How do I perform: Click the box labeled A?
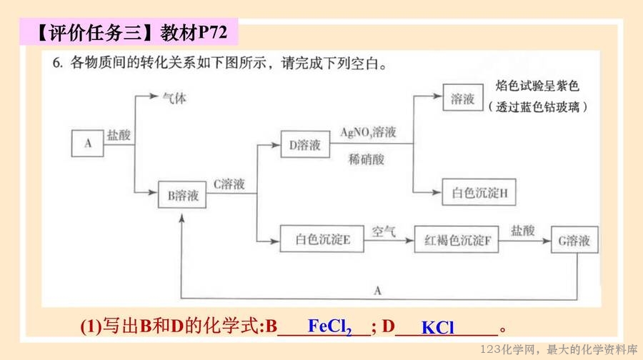[x=89, y=143]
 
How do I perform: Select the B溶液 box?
[x=183, y=195]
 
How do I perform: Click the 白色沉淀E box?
[x=322, y=240]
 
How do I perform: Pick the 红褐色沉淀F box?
[x=457, y=240]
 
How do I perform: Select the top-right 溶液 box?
[x=463, y=99]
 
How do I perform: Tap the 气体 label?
[x=174, y=99]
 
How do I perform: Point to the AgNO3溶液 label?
[x=368, y=133]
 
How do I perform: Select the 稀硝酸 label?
[x=367, y=159]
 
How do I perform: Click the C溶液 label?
[x=229, y=184]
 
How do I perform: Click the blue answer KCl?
[x=437, y=328]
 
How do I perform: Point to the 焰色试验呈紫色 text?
[x=537, y=86]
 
